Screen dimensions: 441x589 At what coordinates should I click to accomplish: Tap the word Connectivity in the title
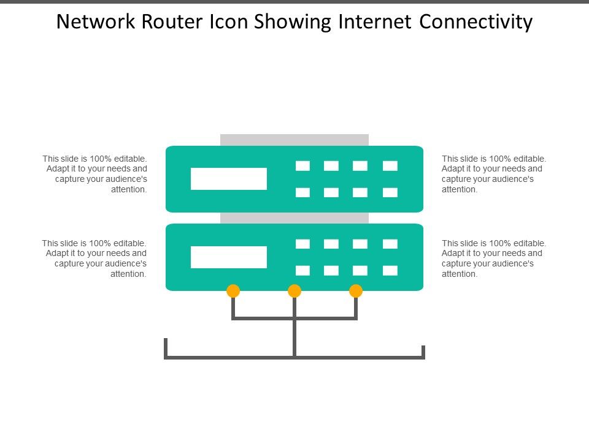(476, 22)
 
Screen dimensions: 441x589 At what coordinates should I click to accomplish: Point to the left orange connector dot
(233, 291)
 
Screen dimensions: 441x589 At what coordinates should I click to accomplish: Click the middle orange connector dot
(294, 291)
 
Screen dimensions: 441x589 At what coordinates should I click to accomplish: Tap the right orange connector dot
(356, 291)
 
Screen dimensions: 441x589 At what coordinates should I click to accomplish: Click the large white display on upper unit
(229, 179)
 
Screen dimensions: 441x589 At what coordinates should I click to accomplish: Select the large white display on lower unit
(229, 257)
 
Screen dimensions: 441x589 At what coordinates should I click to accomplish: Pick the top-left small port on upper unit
(302, 166)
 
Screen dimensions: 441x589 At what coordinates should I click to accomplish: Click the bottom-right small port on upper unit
(390, 192)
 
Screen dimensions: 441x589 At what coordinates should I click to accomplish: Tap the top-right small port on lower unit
(390, 244)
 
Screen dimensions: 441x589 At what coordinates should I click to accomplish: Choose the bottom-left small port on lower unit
(302, 271)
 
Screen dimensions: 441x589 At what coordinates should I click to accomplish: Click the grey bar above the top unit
(294, 140)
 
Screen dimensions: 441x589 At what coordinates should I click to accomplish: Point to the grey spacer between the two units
(294, 218)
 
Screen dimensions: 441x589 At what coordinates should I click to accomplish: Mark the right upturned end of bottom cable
(423, 350)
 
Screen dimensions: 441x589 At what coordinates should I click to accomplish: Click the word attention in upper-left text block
(129, 189)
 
